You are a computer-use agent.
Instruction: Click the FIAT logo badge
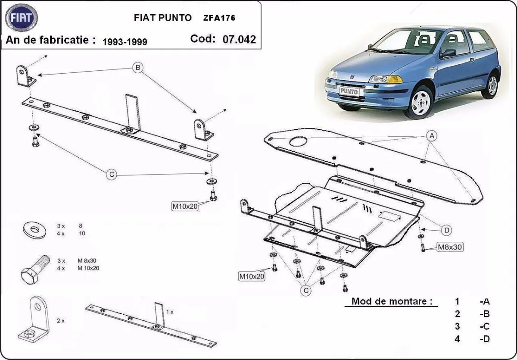(x=21, y=18)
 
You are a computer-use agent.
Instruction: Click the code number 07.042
(x=239, y=39)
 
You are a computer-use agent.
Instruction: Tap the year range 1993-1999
(x=125, y=41)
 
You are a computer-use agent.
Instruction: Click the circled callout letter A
(x=431, y=136)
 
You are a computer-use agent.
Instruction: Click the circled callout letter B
(x=137, y=68)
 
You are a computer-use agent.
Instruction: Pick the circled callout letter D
(x=447, y=231)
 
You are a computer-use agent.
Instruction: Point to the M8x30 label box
(x=450, y=247)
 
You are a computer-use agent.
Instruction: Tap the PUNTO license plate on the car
(x=349, y=91)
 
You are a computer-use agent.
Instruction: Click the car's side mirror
(x=448, y=53)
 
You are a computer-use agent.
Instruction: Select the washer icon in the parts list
(x=33, y=229)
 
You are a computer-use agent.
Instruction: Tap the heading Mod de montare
(x=392, y=301)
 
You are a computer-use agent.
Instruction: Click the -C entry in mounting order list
(x=484, y=326)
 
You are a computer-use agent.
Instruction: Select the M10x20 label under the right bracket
(x=185, y=206)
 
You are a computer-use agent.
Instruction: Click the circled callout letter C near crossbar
(x=111, y=174)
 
